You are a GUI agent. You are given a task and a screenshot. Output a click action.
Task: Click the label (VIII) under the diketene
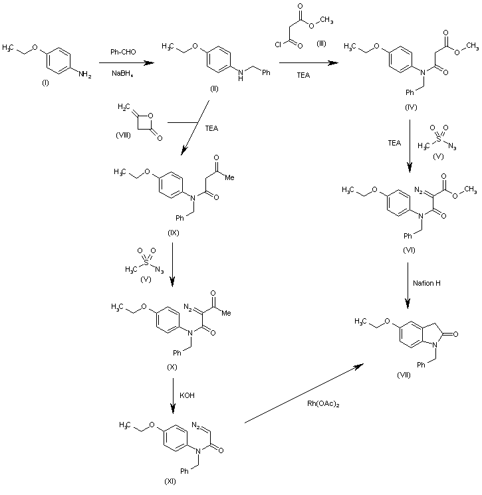coord(124,136)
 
